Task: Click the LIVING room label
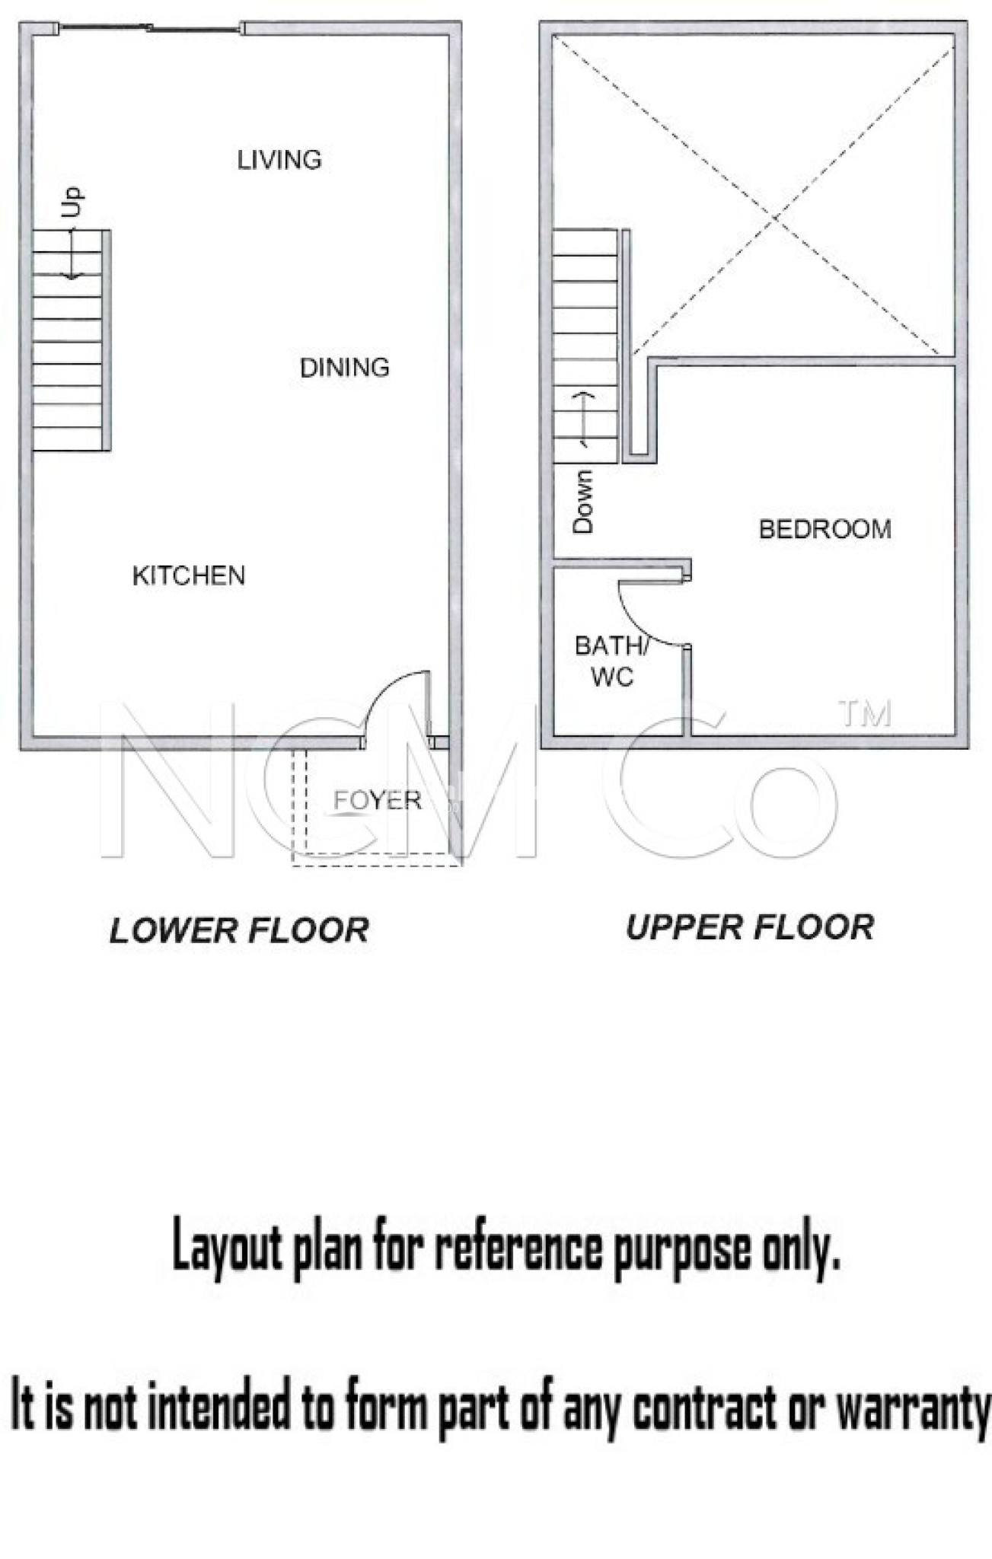pos(279,160)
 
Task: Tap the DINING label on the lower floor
pos(345,368)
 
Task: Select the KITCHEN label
pos(189,575)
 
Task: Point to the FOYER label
pos(378,800)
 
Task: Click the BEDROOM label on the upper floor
pos(825,529)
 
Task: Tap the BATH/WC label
pos(612,661)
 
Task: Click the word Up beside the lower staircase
pos(73,202)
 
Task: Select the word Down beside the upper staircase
pos(582,501)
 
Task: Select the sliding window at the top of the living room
pos(151,29)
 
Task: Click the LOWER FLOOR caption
pos(239,930)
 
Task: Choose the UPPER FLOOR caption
pos(750,927)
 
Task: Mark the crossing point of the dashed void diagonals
pos(775,218)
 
